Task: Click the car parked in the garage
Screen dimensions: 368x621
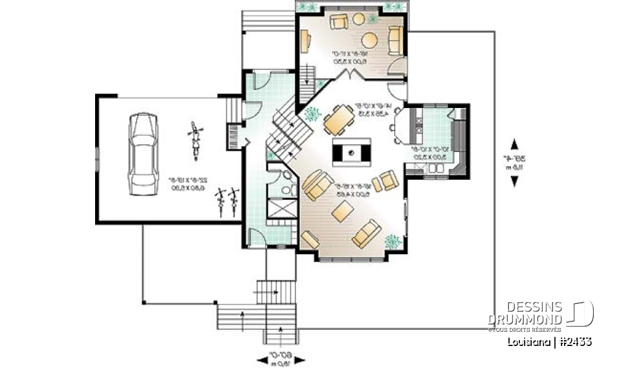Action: click(x=143, y=153)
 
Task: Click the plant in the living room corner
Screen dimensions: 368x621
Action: click(x=392, y=241)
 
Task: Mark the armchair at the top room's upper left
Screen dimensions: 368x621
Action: click(x=338, y=23)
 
